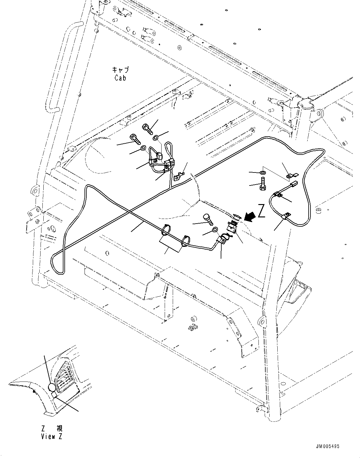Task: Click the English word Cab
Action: tap(120, 78)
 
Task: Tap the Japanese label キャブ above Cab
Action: tap(121, 70)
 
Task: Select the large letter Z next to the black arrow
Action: tap(262, 211)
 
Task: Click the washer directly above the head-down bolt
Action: tap(262, 172)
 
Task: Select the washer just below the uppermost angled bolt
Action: tap(155, 137)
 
